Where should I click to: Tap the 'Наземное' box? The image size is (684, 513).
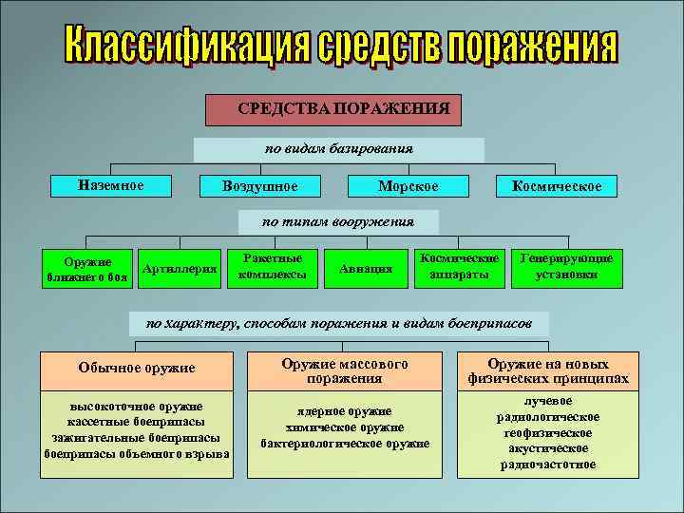[111, 184]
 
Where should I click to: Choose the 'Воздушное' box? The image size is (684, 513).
[258, 186]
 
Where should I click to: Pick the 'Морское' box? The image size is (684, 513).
[408, 186]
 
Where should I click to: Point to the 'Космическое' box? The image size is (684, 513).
[556, 186]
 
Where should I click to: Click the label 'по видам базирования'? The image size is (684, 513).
[338, 149]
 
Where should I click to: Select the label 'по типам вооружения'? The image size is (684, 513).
[338, 222]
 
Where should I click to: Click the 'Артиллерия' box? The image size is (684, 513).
[180, 270]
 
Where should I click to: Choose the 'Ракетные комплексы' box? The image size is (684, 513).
[274, 265]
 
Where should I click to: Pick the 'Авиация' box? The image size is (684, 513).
[366, 269]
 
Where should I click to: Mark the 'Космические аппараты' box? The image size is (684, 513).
[460, 266]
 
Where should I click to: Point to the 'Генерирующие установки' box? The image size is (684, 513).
[566, 266]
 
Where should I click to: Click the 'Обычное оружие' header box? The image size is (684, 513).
[136, 368]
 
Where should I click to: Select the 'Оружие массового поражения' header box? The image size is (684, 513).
[345, 370]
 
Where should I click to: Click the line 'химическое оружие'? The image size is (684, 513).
[345, 427]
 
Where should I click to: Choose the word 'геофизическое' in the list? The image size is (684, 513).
[546, 432]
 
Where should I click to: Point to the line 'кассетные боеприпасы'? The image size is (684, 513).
[136, 422]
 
